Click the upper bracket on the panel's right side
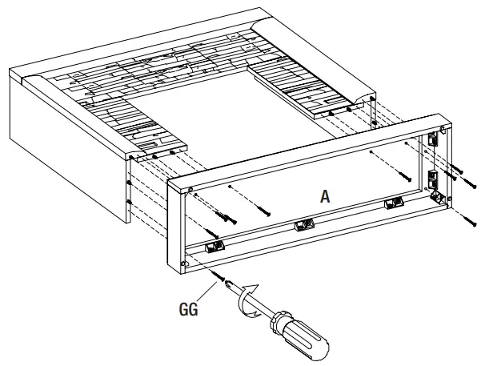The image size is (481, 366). click(434, 139)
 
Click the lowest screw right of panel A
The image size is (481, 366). click(467, 215)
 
